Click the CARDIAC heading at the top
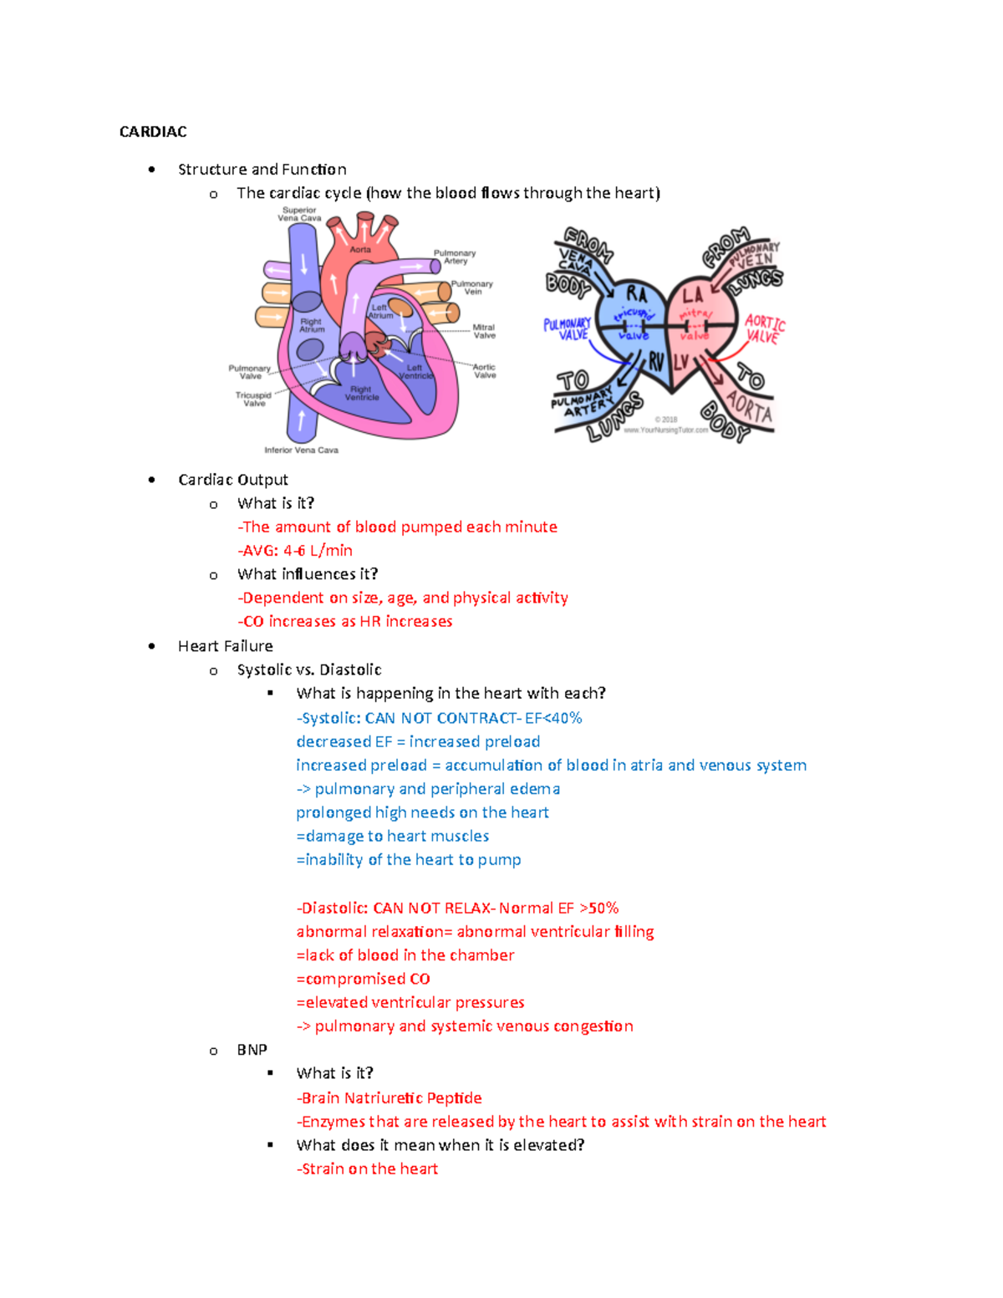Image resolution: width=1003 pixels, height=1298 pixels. (x=153, y=132)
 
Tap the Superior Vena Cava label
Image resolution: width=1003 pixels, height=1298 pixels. (x=299, y=214)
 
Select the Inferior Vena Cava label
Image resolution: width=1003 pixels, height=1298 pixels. (x=301, y=450)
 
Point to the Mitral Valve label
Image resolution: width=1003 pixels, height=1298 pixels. (x=484, y=332)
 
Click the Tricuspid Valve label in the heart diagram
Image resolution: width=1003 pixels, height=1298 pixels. (x=253, y=400)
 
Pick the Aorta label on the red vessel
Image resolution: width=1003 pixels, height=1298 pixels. (x=360, y=249)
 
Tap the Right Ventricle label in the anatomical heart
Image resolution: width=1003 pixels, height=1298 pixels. (x=361, y=393)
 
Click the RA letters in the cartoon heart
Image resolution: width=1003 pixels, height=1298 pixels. (x=636, y=293)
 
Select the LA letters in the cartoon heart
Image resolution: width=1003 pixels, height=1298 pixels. (x=692, y=295)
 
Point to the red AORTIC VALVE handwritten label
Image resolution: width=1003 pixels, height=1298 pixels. (x=764, y=328)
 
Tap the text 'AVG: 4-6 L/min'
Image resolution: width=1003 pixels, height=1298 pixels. (x=297, y=551)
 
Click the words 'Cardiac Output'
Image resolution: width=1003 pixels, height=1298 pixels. (x=233, y=480)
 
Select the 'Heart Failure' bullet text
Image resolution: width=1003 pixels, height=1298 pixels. (x=226, y=646)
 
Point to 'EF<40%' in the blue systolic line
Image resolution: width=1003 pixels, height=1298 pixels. (x=553, y=718)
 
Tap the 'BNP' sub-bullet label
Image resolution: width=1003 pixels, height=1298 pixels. (x=252, y=1050)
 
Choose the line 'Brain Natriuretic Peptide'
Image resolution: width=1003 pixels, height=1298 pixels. (x=391, y=1098)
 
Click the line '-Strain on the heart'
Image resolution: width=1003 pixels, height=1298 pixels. (x=367, y=1169)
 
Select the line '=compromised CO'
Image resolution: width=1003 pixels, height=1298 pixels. (x=364, y=979)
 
